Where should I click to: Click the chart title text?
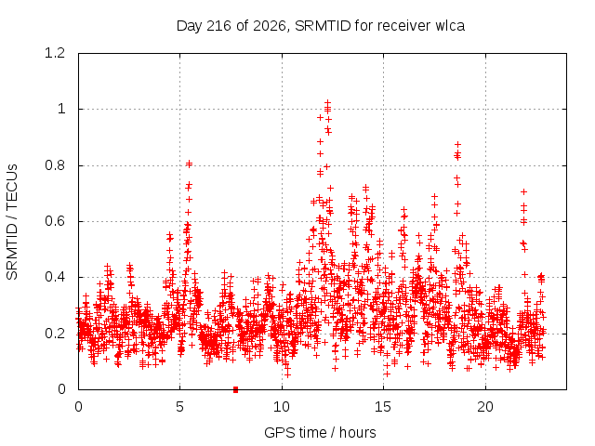(321, 26)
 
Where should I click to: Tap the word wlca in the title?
(450, 26)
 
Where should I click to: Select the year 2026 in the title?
(270, 26)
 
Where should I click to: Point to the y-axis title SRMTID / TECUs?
(12, 222)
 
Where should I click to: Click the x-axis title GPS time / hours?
(320, 432)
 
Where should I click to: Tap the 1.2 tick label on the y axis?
(55, 53)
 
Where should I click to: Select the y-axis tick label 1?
(61, 110)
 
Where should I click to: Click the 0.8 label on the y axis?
(55, 165)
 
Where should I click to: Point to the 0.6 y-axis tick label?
(55, 221)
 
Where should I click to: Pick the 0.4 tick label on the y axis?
(55, 277)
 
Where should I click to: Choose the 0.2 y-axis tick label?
(55, 334)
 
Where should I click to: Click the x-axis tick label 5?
(179, 407)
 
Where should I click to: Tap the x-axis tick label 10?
(282, 407)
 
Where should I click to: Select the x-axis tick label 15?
(383, 407)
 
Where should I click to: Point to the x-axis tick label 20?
(485, 407)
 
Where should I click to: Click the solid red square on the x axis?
(235, 389)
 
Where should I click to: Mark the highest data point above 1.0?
(328, 102)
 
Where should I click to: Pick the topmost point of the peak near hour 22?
(524, 192)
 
